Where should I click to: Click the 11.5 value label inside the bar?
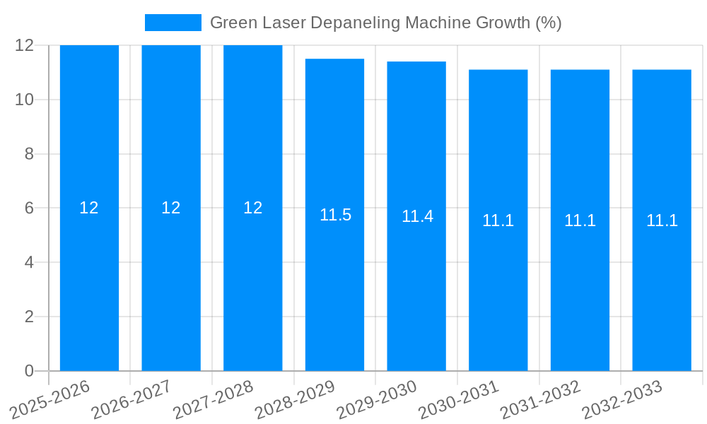click(x=335, y=215)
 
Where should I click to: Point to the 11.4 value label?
click(x=417, y=216)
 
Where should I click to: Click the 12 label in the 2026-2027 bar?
click(x=171, y=208)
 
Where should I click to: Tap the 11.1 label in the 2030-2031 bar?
click(x=498, y=220)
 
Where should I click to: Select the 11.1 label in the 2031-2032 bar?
click(x=580, y=220)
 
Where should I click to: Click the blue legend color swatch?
click(x=173, y=23)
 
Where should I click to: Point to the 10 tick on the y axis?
click(x=25, y=100)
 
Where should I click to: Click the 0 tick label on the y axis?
click(x=29, y=371)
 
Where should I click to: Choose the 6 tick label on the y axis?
click(x=29, y=208)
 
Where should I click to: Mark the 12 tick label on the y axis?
click(x=25, y=45)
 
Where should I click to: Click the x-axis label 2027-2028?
click(x=212, y=400)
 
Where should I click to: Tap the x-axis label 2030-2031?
click(x=457, y=400)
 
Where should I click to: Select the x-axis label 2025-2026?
click(x=49, y=400)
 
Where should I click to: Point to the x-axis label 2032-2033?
click(x=621, y=400)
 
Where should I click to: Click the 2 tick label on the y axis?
click(x=29, y=317)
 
